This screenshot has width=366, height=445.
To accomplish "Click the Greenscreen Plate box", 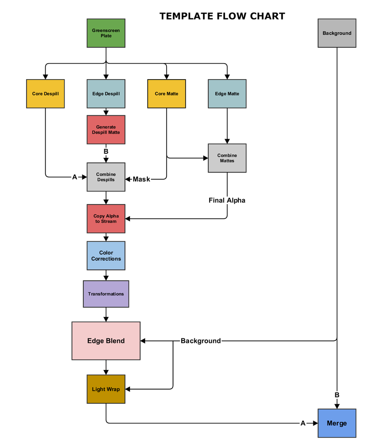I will point(106,33).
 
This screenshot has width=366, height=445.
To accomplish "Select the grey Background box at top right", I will point(337,33).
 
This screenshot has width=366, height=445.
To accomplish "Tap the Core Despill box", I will point(45,94).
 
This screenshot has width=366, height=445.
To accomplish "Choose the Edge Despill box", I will point(106,94).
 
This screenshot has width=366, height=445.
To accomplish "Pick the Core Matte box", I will point(167,94).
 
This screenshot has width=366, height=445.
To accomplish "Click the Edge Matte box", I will point(227,94).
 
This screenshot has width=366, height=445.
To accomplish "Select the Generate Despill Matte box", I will point(106,130).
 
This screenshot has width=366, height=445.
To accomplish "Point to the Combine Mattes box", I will point(227,158).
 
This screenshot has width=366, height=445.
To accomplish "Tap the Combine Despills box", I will point(106,177).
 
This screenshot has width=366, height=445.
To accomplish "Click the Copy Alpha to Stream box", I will point(106,219).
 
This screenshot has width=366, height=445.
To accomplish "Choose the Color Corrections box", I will point(106,255).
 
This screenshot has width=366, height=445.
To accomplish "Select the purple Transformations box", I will point(106,294).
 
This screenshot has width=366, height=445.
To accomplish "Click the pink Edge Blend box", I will point(106,341).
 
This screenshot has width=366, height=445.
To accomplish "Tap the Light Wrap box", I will point(106,389).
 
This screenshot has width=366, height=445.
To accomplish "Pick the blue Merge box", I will point(337,423).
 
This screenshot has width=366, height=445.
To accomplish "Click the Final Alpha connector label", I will point(227,200).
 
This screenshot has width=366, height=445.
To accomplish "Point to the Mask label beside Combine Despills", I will point(141,179).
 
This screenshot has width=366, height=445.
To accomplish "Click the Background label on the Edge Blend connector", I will point(200,341).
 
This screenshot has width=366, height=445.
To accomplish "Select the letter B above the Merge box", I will point(337,395).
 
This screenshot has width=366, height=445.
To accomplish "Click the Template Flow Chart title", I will point(222,16).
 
